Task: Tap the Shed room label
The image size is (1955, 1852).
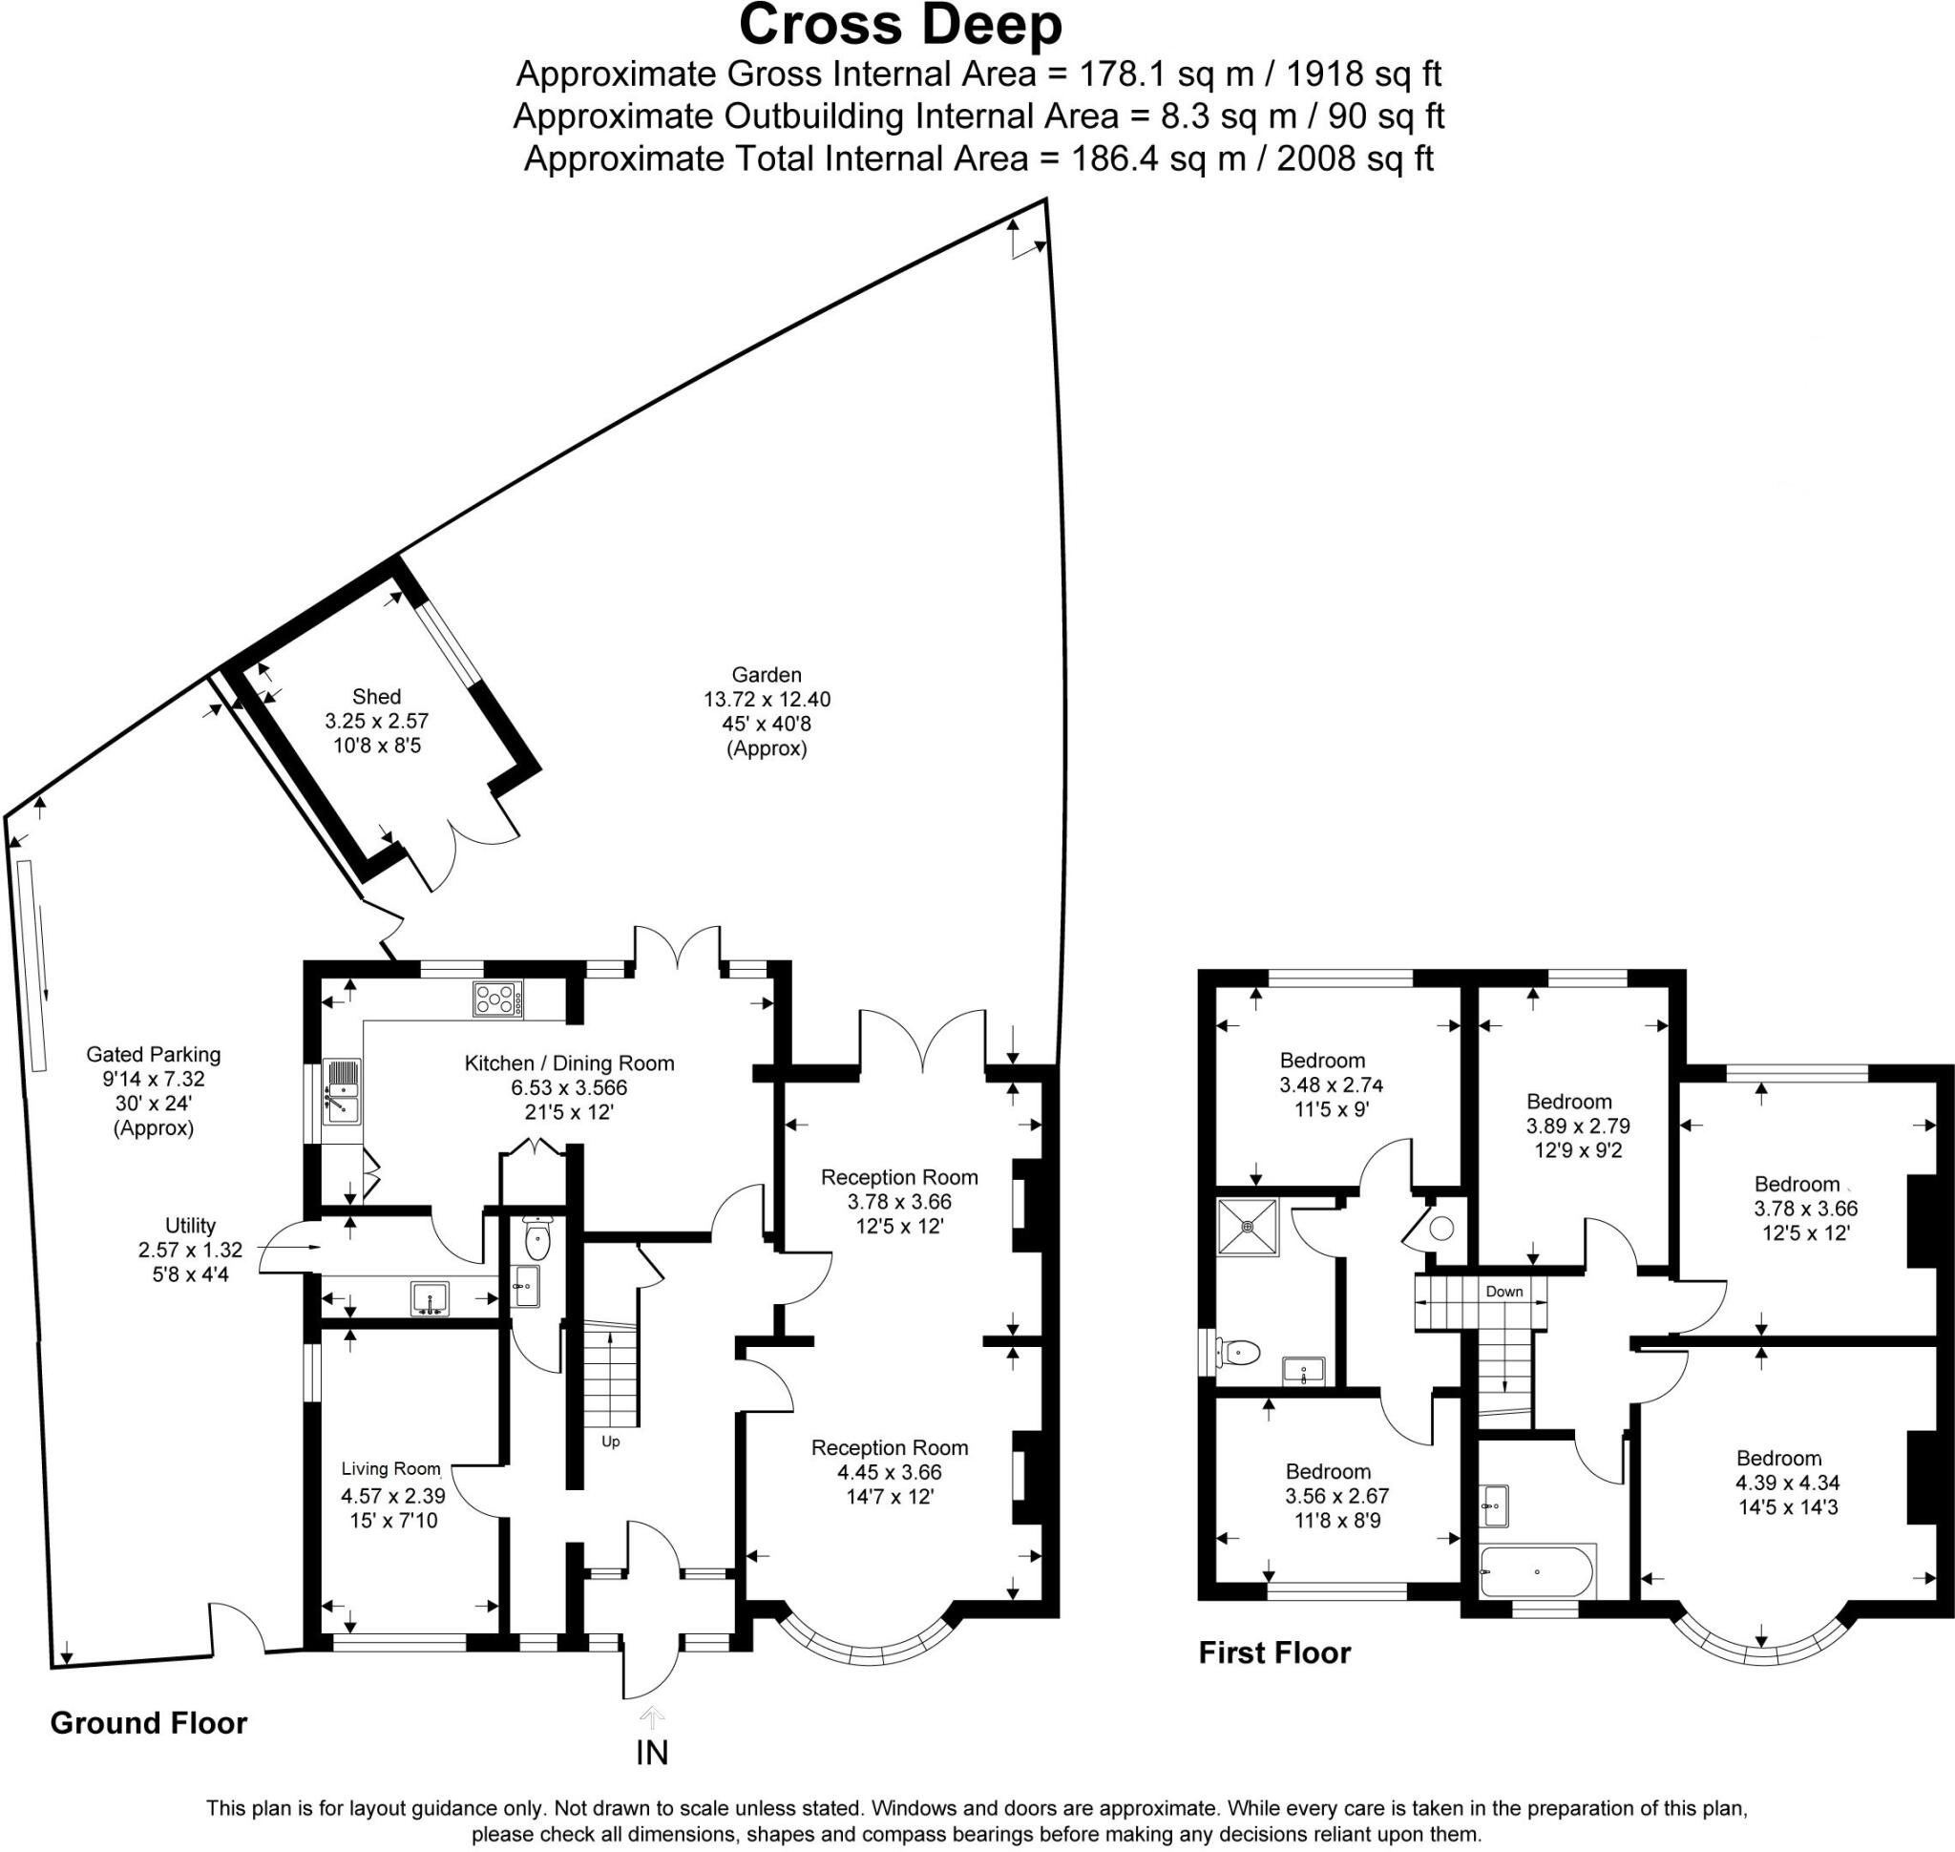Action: pos(376,696)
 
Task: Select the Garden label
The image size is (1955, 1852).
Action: pos(767,675)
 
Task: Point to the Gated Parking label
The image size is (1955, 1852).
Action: pos(153,1054)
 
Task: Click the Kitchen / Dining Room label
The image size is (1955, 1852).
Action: pos(570,1063)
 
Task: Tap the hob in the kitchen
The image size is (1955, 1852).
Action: pos(497,1000)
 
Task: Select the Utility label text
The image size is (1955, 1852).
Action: pos(191,1225)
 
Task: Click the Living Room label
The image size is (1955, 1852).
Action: pos(391,1469)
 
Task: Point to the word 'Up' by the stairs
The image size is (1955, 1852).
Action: pos(611,1442)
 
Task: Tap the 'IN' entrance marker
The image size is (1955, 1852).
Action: pos(652,1753)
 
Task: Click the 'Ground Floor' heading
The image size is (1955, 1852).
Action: pos(148,1723)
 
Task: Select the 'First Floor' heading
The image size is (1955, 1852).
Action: pos(1274,1652)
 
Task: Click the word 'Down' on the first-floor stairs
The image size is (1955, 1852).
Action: pos(1503,1292)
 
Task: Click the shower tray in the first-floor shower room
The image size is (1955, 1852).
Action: pos(1248,1227)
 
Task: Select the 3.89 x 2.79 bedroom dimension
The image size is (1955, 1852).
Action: pos(1579,1126)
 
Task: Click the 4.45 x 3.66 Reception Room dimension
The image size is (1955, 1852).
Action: pos(890,1472)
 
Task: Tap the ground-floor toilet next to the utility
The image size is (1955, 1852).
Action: pos(537,1240)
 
